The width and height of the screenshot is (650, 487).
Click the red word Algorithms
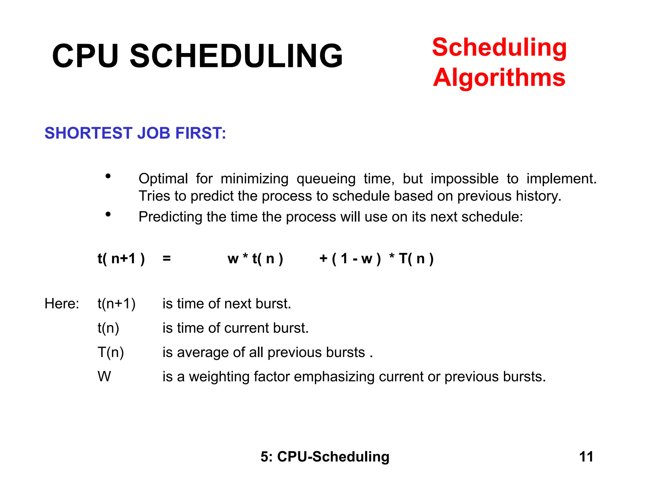(x=499, y=78)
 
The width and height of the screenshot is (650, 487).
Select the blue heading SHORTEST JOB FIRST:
(x=135, y=133)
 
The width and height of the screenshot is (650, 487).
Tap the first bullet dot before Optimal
(x=108, y=176)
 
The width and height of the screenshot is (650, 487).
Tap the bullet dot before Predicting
(x=108, y=215)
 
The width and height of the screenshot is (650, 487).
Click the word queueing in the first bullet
(x=326, y=179)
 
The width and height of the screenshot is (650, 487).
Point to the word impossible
(x=464, y=179)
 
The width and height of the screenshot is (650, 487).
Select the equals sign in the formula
(x=167, y=259)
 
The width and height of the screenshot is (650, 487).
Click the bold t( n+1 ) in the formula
(x=121, y=259)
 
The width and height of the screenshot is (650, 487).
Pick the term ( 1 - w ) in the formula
(x=356, y=259)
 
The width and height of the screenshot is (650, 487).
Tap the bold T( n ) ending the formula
(x=416, y=259)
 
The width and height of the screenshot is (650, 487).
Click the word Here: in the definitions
(x=62, y=304)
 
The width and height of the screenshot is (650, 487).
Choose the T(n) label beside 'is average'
(x=111, y=353)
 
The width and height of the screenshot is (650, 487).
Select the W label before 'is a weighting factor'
(x=104, y=377)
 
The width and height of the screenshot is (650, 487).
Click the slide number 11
(x=586, y=457)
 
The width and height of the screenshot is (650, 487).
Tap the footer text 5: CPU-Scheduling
(x=325, y=457)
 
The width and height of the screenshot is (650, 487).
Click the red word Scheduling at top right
(x=499, y=48)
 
